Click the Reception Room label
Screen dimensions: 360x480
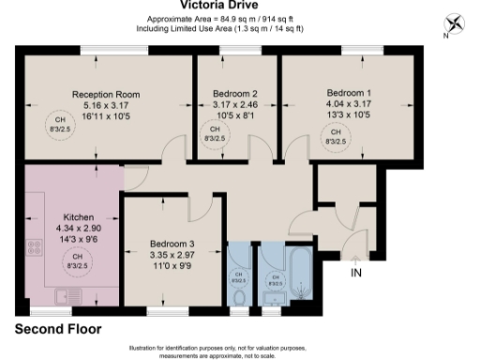(x=106, y=94)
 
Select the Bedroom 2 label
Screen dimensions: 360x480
(x=234, y=94)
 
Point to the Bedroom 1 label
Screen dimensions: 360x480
(x=349, y=94)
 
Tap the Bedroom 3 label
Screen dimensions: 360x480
(x=172, y=244)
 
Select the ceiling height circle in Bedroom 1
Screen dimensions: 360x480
(x=335, y=139)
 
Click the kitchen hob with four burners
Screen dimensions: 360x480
(x=36, y=248)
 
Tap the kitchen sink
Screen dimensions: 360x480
(x=67, y=296)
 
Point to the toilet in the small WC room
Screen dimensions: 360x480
(x=238, y=295)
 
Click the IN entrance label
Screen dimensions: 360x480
(x=355, y=273)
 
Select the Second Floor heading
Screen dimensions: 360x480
(x=57, y=330)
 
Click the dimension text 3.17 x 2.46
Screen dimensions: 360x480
(x=234, y=106)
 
